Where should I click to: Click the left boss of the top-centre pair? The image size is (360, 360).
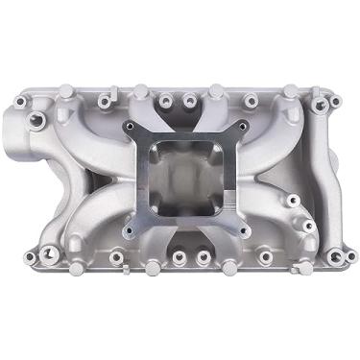[166, 99]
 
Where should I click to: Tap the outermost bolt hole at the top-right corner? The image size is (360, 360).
[333, 99]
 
